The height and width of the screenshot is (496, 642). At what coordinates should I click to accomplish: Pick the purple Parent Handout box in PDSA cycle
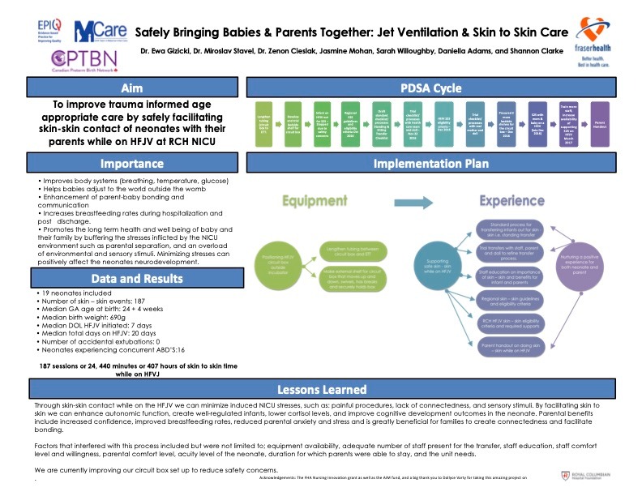601,123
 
